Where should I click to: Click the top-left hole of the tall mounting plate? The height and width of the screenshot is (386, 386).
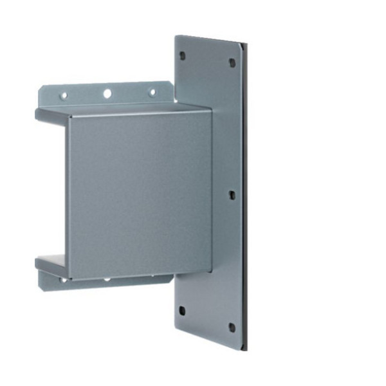182,55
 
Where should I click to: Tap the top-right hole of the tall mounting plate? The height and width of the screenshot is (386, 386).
232,63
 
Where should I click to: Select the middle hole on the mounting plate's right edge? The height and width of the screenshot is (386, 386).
232,193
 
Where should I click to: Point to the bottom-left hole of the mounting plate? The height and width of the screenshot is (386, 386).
182,310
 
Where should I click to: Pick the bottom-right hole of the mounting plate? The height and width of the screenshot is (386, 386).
232,327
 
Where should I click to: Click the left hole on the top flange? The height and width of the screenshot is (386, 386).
64,96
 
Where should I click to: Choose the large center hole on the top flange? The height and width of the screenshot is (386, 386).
107,94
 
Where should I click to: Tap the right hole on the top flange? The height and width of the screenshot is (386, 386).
152,92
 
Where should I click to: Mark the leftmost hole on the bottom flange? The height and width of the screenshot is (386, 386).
64,280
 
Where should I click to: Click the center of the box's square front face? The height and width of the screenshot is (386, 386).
140,193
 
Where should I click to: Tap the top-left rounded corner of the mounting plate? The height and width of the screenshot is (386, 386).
177,38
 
